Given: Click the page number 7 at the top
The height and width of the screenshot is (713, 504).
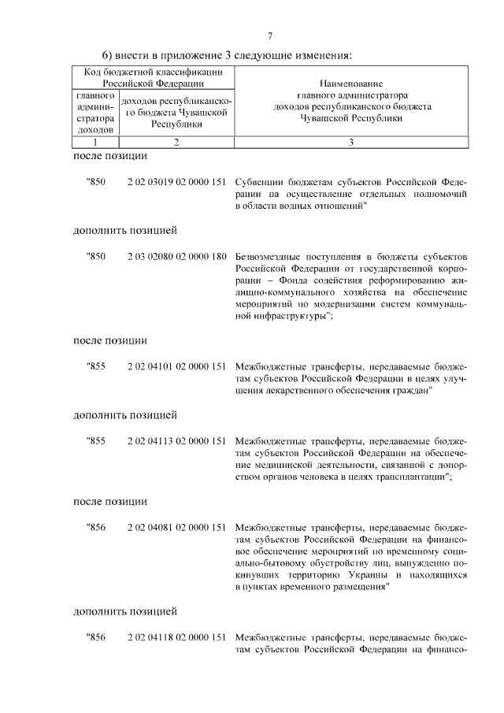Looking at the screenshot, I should click(x=270, y=36).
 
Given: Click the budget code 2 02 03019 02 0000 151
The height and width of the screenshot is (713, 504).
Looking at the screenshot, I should click(x=176, y=182).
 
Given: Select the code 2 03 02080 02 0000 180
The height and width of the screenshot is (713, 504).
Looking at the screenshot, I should click(x=176, y=257).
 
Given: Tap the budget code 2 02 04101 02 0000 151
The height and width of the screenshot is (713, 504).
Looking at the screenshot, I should click(x=176, y=366).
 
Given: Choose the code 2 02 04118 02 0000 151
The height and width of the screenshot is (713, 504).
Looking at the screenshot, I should click(x=176, y=637).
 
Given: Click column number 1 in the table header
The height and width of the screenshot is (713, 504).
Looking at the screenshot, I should click(x=95, y=143).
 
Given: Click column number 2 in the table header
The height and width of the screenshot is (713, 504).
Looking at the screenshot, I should click(x=176, y=143).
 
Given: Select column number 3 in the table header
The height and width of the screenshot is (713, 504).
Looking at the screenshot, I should click(x=351, y=143).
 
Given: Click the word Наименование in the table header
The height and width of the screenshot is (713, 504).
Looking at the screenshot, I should click(x=351, y=83).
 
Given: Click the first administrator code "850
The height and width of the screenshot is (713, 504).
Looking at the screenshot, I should click(x=95, y=182).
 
